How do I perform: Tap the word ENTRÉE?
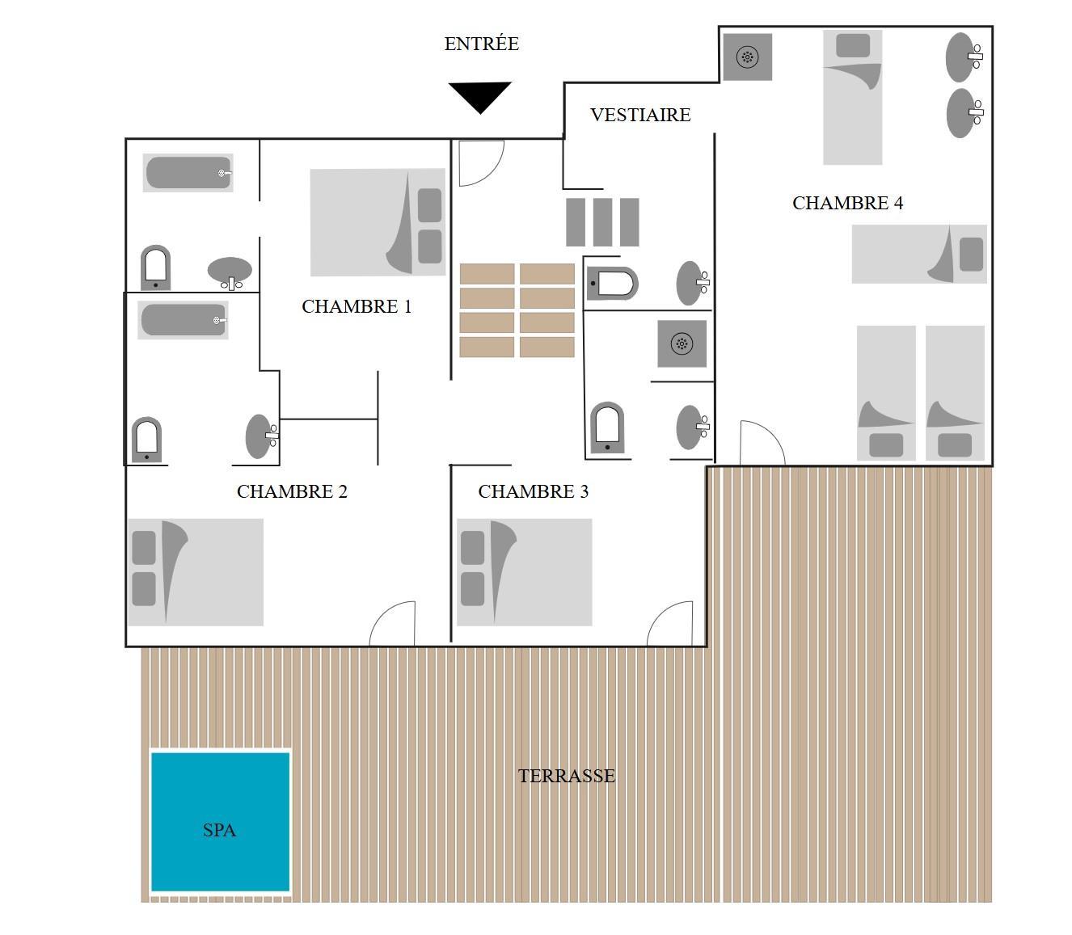pos(482,43)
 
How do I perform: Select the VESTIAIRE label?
pos(640,115)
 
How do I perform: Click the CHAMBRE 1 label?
pos(357,306)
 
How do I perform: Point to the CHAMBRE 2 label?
pos(292,491)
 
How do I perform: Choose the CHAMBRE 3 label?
pos(534,491)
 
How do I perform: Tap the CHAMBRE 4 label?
pos(848,203)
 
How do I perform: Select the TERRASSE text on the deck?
pos(567,776)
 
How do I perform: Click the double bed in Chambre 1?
pos(378,222)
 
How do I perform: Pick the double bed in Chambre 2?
pos(196,572)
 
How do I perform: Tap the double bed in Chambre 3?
pos(525,572)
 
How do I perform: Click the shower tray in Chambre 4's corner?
pos(748,57)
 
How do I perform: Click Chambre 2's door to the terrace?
pos(392,623)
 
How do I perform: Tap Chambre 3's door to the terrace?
pos(669,623)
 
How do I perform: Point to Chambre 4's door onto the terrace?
pos(762,442)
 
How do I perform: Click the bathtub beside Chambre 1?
pos(188,173)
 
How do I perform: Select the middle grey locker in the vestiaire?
pos(602,222)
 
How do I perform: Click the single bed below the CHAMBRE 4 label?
pos(919,254)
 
